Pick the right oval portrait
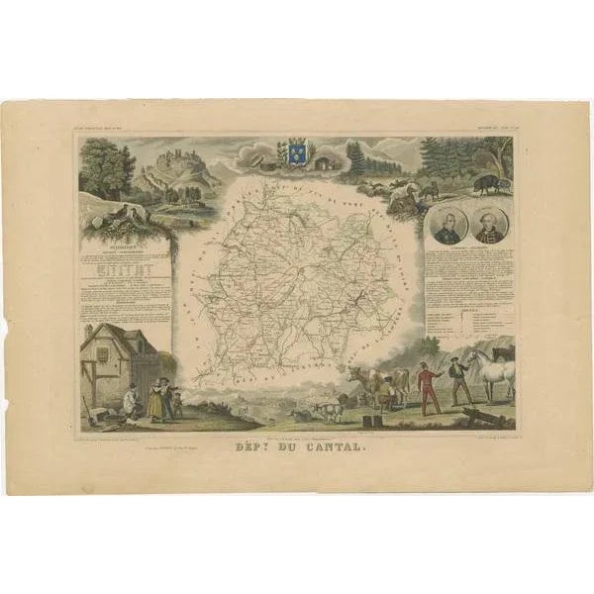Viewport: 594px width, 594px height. click(491, 225)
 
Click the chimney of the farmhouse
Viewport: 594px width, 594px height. click(90, 330)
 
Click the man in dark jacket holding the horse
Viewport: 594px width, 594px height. click(458, 380)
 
